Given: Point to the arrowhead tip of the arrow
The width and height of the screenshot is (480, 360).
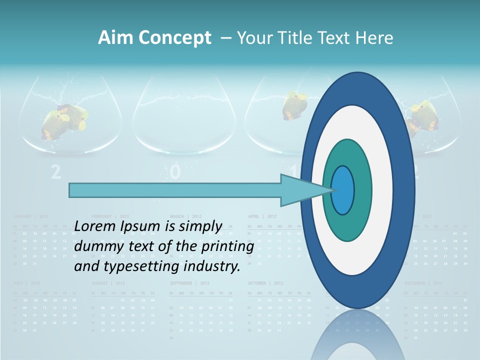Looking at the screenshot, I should pyautogui.click(x=332, y=190).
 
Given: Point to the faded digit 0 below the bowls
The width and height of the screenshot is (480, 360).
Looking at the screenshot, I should pyautogui.click(x=174, y=172).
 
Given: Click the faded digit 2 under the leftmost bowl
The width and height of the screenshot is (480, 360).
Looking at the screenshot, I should pyautogui.click(x=56, y=172).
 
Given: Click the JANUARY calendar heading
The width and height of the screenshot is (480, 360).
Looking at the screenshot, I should pyautogui.click(x=23, y=216).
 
